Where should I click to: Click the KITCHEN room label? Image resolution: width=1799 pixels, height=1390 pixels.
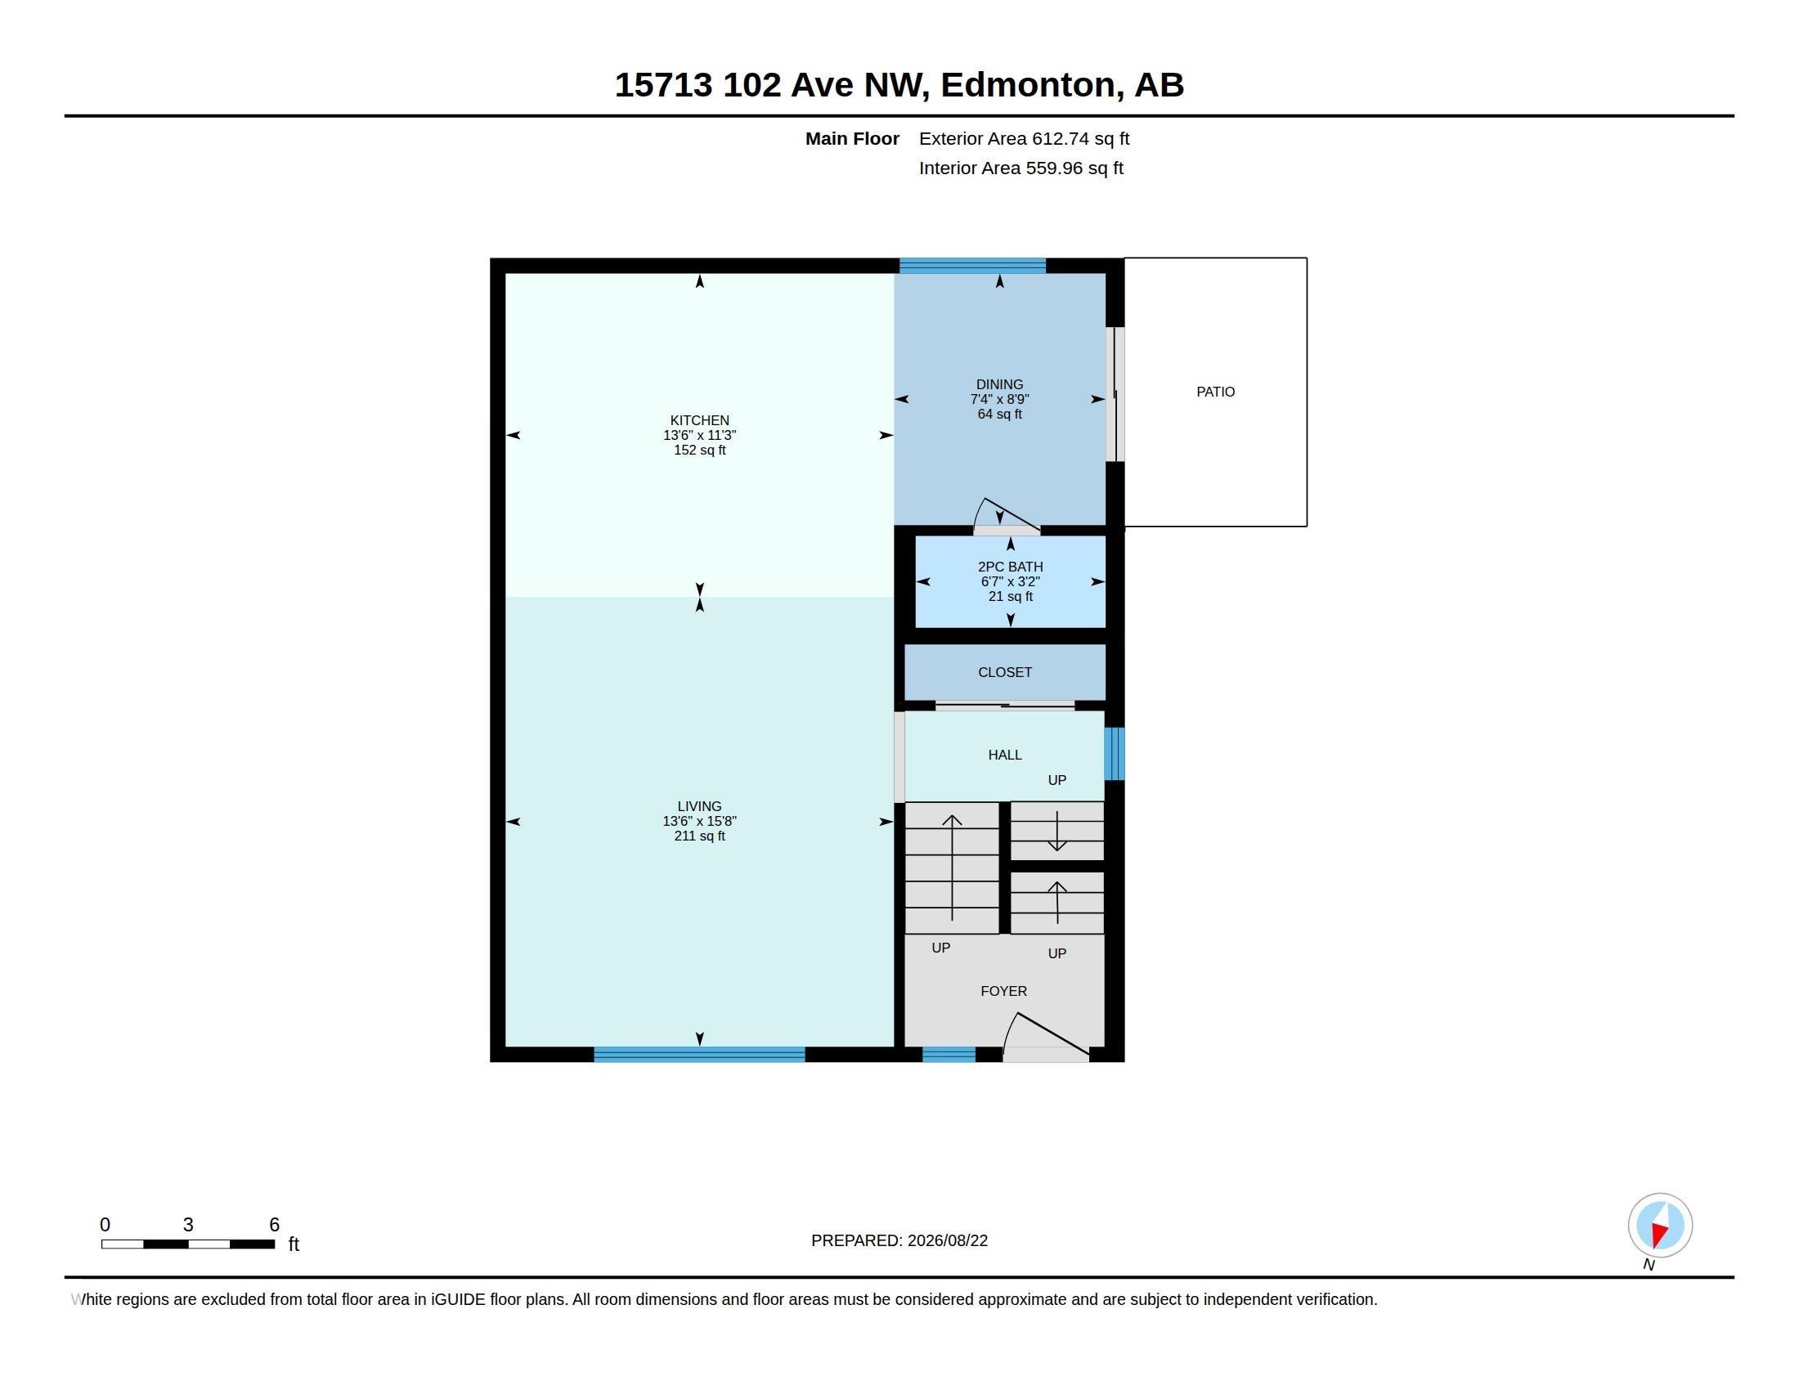pos(699,421)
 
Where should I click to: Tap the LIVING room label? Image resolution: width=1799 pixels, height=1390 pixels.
pos(699,807)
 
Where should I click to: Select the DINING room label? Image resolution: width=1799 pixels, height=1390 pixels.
pos(999,384)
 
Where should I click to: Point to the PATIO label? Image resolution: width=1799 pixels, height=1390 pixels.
pos(1215,392)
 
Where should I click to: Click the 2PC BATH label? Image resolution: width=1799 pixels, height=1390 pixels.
pos(1010,567)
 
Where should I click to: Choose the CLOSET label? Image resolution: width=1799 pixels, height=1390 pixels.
pos(1004,672)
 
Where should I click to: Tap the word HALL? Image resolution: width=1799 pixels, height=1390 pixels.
pos(1004,755)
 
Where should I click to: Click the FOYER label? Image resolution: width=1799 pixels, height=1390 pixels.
pos(1003,991)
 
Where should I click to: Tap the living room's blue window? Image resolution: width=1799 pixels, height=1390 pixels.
pos(699,1055)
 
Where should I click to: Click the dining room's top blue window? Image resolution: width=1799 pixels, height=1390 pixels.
pos(972,265)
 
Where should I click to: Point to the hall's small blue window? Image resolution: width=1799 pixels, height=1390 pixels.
pos(1114,754)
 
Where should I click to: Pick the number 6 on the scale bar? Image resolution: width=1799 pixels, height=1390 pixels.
pos(274,1225)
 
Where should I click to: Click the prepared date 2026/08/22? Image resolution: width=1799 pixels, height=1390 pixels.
pos(947,1240)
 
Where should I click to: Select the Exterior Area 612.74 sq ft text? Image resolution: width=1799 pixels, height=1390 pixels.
pos(1024,139)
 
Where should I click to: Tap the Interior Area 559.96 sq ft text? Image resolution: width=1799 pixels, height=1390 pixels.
pos(1021,168)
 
